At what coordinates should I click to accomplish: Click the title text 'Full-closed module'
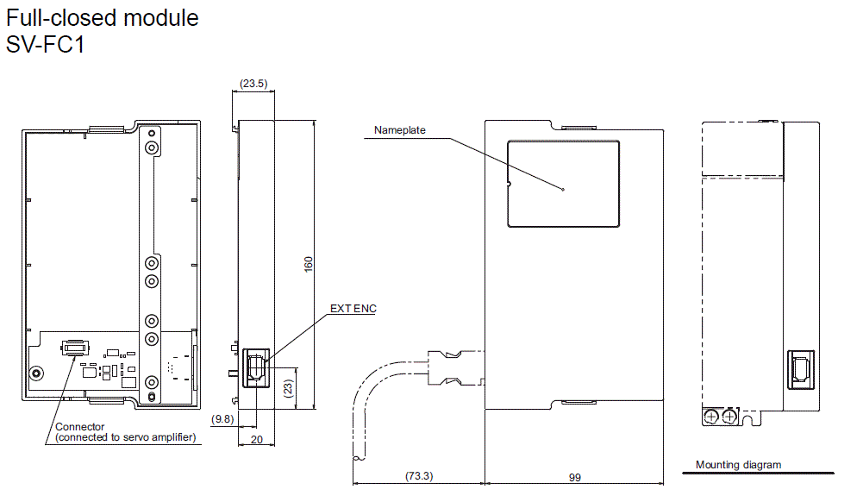click(x=103, y=17)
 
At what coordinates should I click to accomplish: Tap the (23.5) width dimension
click(x=253, y=84)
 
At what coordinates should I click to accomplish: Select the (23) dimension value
click(x=289, y=388)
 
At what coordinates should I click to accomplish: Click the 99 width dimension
click(x=573, y=475)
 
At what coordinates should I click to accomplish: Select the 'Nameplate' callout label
click(x=399, y=130)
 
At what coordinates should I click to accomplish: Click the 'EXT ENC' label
click(x=353, y=309)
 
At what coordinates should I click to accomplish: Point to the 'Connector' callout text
click(x=80, y=427)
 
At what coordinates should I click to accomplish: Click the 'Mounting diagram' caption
click(x=738, y=465)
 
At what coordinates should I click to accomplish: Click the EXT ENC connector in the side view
click(x=255, y=367)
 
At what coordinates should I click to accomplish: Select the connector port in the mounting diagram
click(x=797, y=367)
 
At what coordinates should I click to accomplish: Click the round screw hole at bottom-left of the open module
click(x=36, y=373)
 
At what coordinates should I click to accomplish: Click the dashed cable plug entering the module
click(x=455, y=368)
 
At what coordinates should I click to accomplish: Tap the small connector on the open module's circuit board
click(x=74, y=348)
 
